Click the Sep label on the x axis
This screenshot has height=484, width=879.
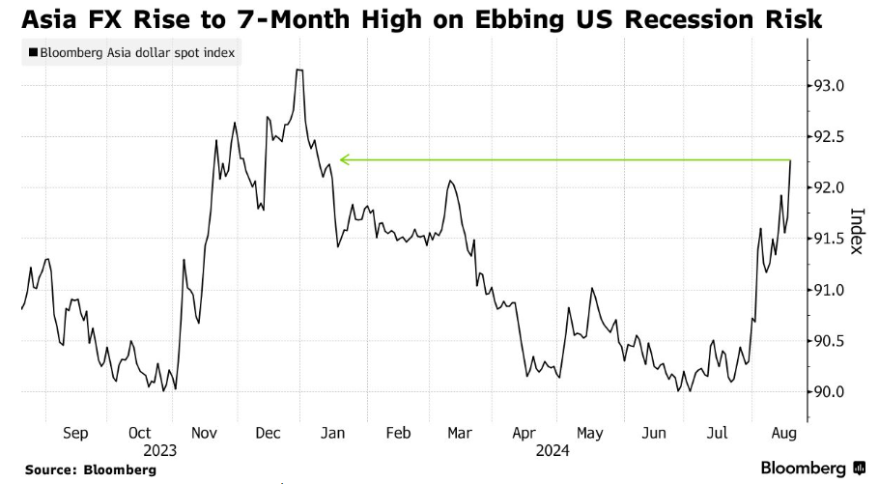75,434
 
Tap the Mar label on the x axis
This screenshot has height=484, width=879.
460,434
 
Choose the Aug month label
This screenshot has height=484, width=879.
783,434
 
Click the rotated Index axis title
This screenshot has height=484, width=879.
855,232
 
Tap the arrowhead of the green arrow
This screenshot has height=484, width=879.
341,160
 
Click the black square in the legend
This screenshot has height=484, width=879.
33,53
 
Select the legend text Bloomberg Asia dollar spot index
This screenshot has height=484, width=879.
136,53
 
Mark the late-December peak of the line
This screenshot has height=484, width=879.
299,71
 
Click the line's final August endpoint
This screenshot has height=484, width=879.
791,160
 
